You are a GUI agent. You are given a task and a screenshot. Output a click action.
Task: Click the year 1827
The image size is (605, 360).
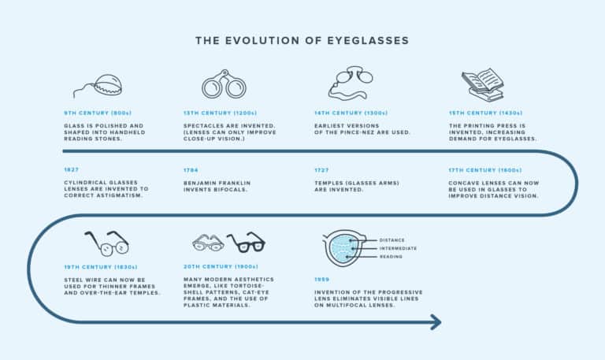click(72, 170)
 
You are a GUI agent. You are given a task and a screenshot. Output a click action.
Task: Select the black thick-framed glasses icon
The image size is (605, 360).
click(245, 242)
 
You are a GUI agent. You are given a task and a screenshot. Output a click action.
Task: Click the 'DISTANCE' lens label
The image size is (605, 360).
click(393, 239)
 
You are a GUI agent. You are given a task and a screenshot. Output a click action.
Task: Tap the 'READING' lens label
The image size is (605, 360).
click(392, 257)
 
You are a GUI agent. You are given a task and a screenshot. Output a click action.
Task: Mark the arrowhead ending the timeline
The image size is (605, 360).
click(435, 322)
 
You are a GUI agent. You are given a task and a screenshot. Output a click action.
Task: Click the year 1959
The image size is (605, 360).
click(321, 280)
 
